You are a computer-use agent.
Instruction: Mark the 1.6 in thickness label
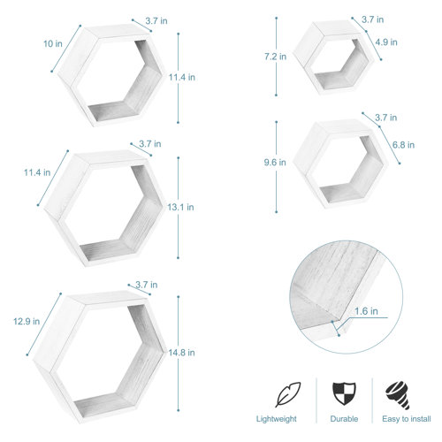coord(367,311)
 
